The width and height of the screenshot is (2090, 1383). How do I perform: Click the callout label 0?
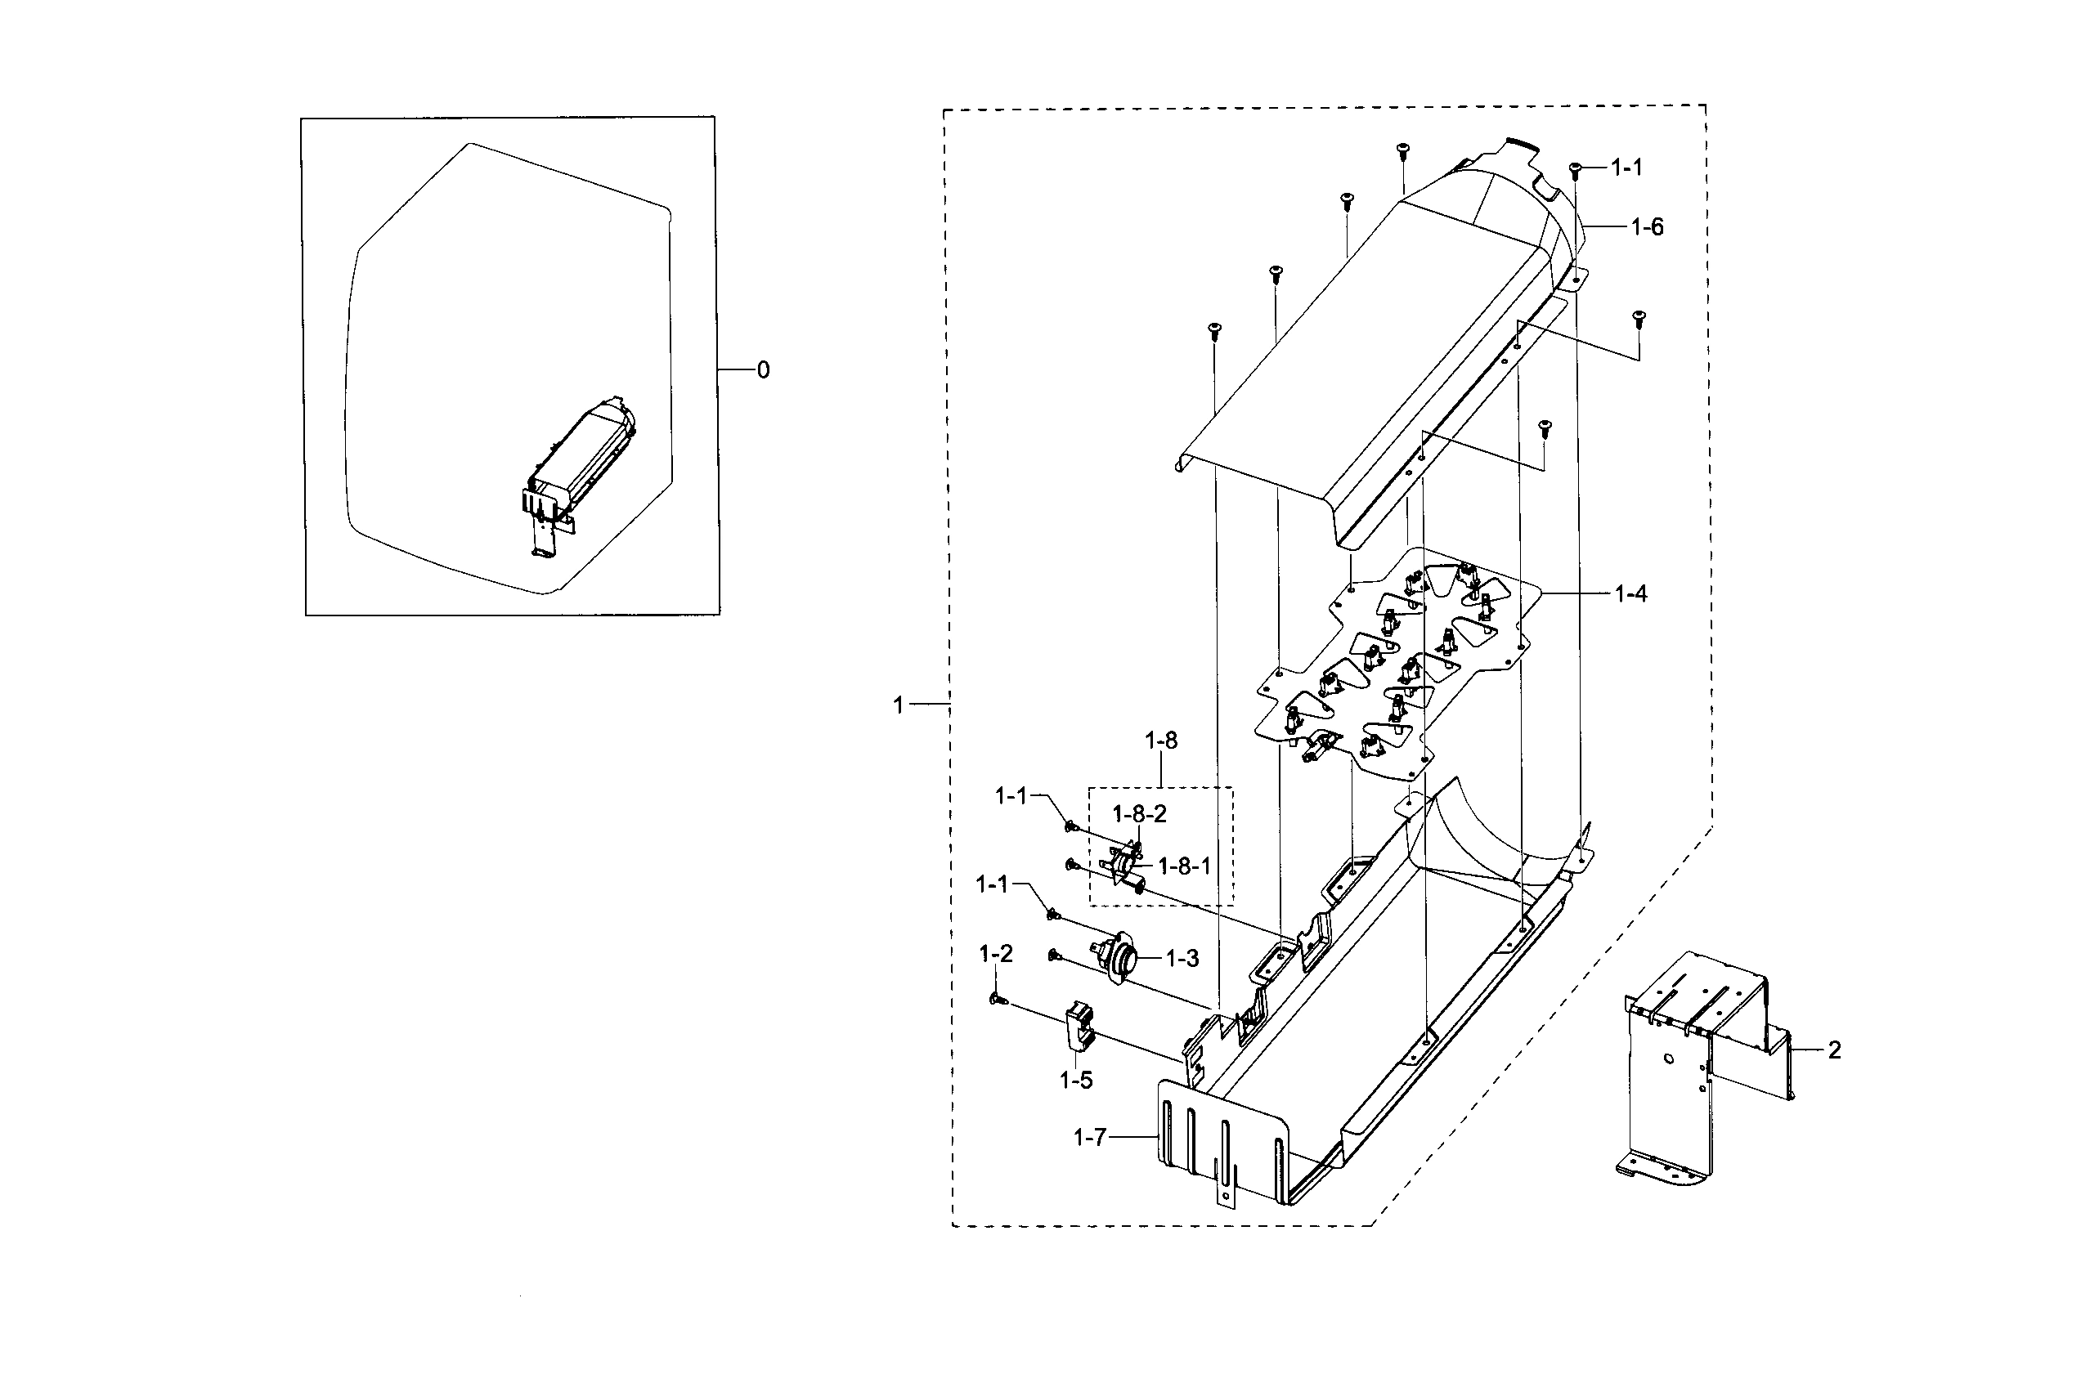click(763, 370)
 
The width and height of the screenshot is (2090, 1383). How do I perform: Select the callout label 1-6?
click(1646, 227)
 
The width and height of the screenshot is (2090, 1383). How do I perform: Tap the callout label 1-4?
click(1630, 594)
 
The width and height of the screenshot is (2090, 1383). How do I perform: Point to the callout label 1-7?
click(1089, 1139)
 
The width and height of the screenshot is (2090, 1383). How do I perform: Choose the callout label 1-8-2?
click(1139, 814)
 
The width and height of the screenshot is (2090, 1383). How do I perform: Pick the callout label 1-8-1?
click(1184, 867)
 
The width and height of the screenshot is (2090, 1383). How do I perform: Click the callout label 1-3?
click(1182, 959)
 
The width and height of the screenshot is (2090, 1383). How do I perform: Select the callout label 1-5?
click(1075, 1081)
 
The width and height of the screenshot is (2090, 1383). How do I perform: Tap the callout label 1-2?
click(996, 953)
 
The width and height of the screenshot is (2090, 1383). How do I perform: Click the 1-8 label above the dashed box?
click(1161, 741)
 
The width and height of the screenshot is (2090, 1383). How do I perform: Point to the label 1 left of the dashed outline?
click(898, 705)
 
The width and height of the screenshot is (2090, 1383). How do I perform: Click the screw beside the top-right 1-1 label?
click(1576, 169)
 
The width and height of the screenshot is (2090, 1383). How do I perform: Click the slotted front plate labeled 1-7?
click(1236, 1142)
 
